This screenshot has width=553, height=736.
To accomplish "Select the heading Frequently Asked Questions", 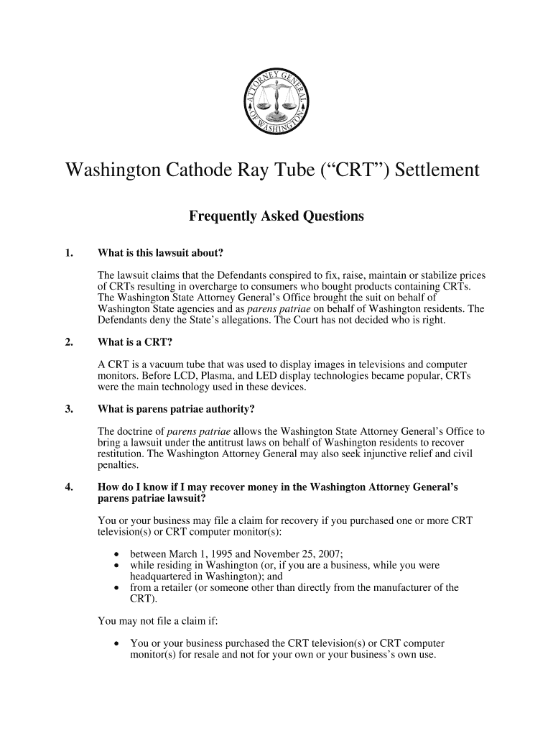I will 276,216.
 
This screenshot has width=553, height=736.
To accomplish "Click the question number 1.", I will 69,252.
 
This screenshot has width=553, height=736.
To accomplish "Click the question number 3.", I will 69,410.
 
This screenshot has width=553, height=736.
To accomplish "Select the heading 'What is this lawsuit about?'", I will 160,252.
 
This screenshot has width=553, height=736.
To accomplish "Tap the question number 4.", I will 69,487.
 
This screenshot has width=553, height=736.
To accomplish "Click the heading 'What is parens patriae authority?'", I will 176,410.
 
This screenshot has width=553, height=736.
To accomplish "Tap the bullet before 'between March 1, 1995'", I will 116,554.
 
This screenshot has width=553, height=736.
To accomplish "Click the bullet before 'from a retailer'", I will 116,587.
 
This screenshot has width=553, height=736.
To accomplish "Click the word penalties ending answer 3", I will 118,465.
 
